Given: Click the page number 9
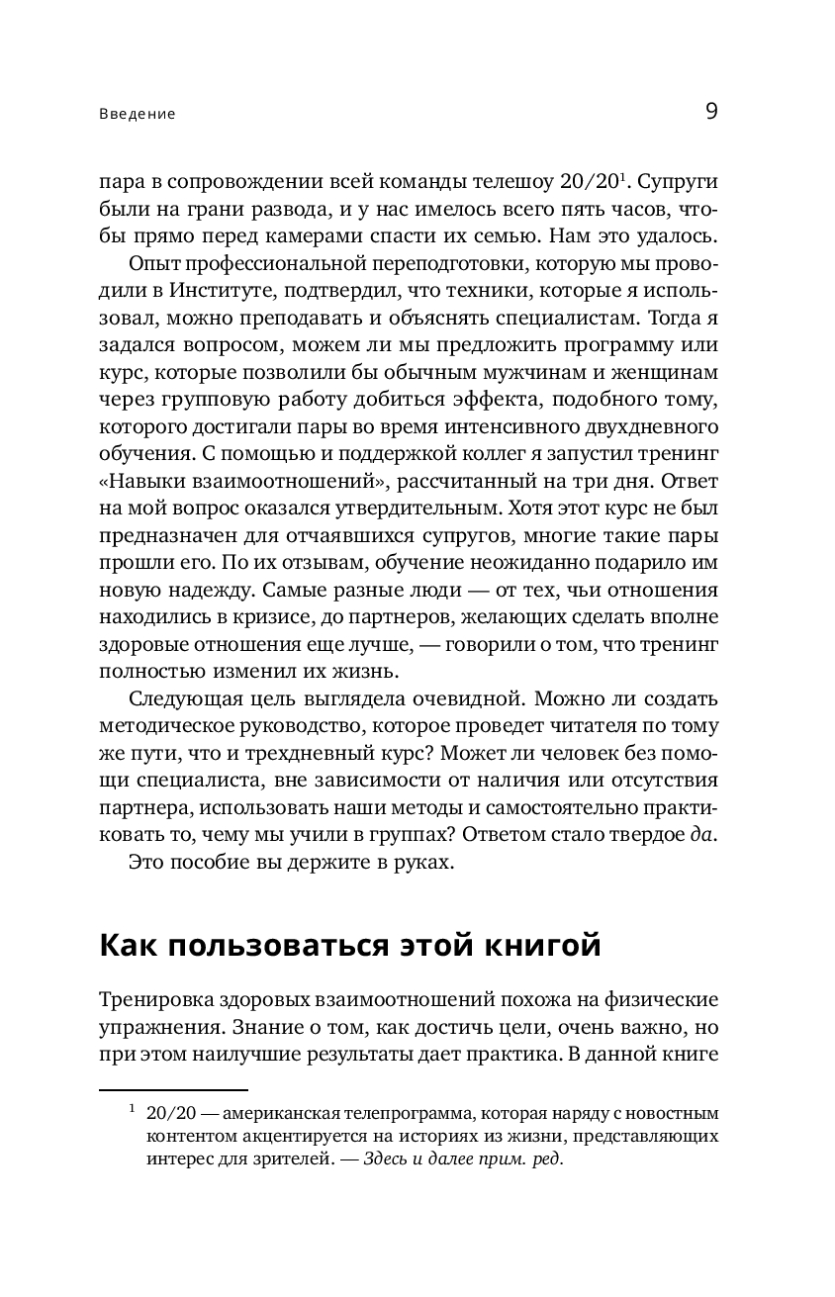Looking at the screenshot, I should tap(711, 111).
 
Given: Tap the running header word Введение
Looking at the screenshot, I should tap(138, 114).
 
